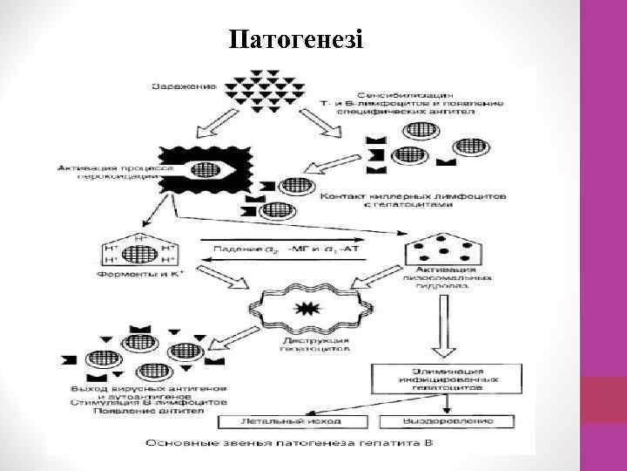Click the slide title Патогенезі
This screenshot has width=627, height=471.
[x=297, y=40]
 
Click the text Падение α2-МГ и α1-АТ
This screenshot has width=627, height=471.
[x=287, y=251]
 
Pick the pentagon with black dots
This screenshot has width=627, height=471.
[x=443, y=249]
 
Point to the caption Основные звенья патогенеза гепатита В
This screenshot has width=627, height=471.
[x=291, y=444]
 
